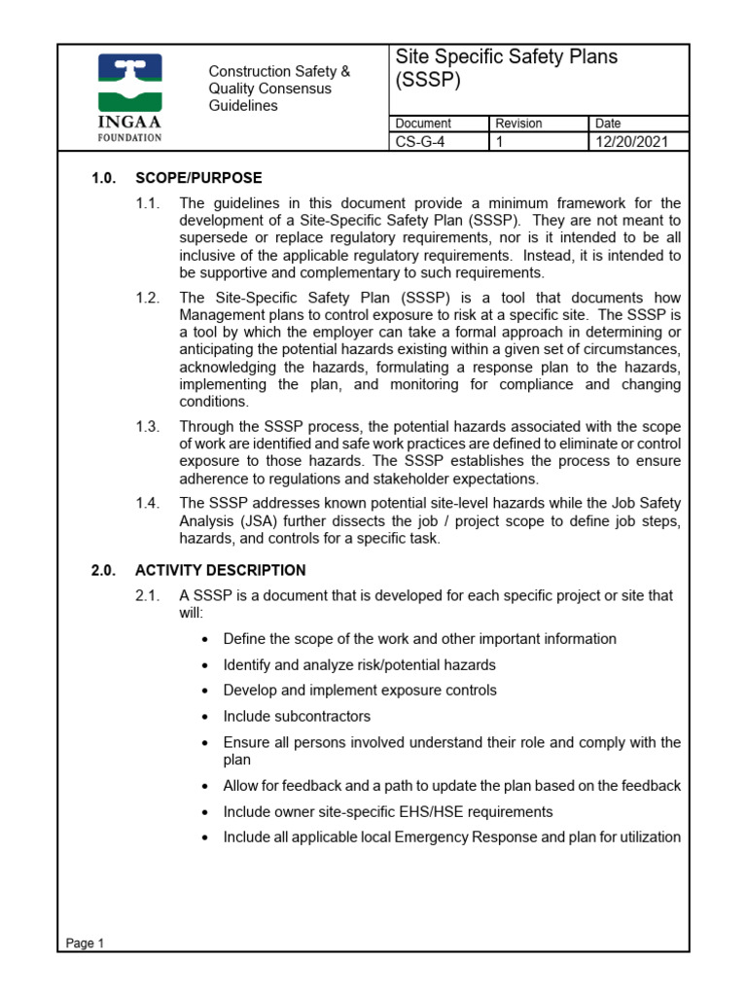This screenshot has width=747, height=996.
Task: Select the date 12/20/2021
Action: point(626,142)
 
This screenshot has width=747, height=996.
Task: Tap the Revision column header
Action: point(518,124)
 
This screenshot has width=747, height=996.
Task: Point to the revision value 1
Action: point(500,142)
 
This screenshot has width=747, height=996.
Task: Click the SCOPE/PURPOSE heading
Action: point(198,177)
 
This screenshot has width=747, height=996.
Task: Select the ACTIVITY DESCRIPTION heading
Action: point(220,570)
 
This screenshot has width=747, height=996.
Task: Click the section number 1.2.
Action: point(148,298)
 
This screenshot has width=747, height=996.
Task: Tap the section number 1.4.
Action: point(148,503)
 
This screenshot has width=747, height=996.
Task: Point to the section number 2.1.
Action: point(148,595)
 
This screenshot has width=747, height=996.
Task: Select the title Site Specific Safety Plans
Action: point(506,57)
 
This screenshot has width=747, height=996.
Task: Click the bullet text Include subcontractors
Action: point(297,717)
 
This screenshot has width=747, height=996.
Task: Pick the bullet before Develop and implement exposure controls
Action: point(203,691)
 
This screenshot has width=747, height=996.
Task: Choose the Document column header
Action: point(423,124)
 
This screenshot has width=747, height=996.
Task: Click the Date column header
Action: point(608,124)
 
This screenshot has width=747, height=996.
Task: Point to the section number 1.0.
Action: point(104,177)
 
